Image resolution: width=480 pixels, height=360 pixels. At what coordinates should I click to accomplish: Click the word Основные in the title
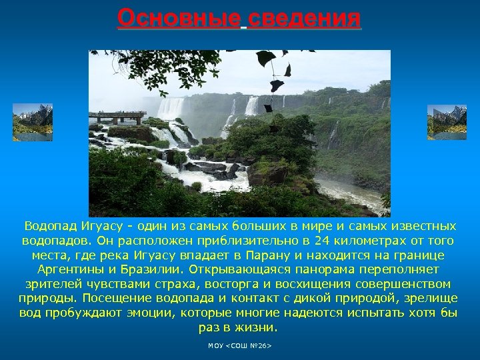(x=178, y=18)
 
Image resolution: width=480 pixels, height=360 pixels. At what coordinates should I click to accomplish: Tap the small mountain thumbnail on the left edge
(x=32, y=122)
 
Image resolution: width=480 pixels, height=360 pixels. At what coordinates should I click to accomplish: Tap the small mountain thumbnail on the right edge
(x=447, y=122)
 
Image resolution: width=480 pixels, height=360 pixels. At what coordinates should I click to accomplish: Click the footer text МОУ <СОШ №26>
(x=240, y=347)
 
